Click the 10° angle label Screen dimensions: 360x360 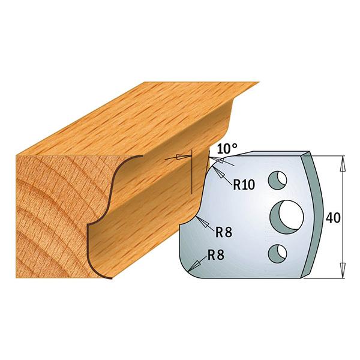[227, 149]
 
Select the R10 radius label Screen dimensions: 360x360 [244, 184]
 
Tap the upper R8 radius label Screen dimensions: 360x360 [224, 232]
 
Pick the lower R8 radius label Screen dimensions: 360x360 [215, 254]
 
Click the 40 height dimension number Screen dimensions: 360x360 [333, 217]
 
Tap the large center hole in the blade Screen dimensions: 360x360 [287, 217]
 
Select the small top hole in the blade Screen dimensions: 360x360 [277, 180]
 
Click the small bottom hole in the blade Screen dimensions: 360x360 [277, 253]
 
